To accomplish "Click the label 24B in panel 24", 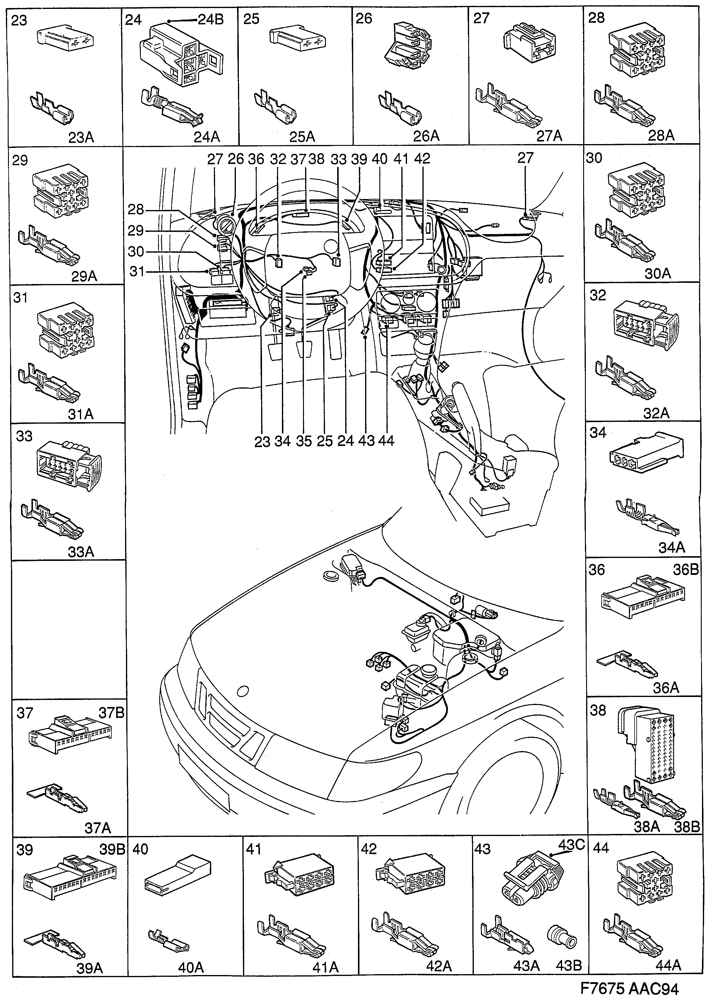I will pos(211,20).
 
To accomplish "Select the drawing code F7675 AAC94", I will pos(629,988).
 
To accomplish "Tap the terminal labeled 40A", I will pos(168,934).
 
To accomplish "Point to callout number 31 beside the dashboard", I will pos(137,272).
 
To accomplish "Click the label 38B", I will pos(688,826).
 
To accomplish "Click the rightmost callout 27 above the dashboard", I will pos(525,158).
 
